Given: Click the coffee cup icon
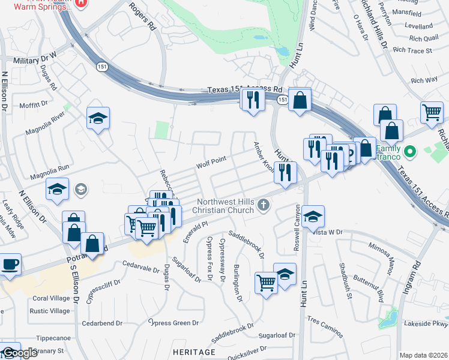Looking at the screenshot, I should (x=10, y=264).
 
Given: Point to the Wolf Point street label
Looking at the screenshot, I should (x=210, y=162).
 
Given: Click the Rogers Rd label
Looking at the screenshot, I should (x=144, y=17).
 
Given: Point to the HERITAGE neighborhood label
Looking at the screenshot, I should (x=193, y=351).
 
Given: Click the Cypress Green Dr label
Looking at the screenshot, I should (x=173, y=323).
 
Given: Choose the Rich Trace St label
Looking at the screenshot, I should (x=412, y=51).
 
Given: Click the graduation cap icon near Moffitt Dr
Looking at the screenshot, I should (x=98, y=118).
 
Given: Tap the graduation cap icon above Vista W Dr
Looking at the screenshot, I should (x=313, y=216).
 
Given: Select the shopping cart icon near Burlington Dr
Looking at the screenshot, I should (x=266, y=282).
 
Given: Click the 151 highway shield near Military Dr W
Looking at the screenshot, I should (x=102, y=67).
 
